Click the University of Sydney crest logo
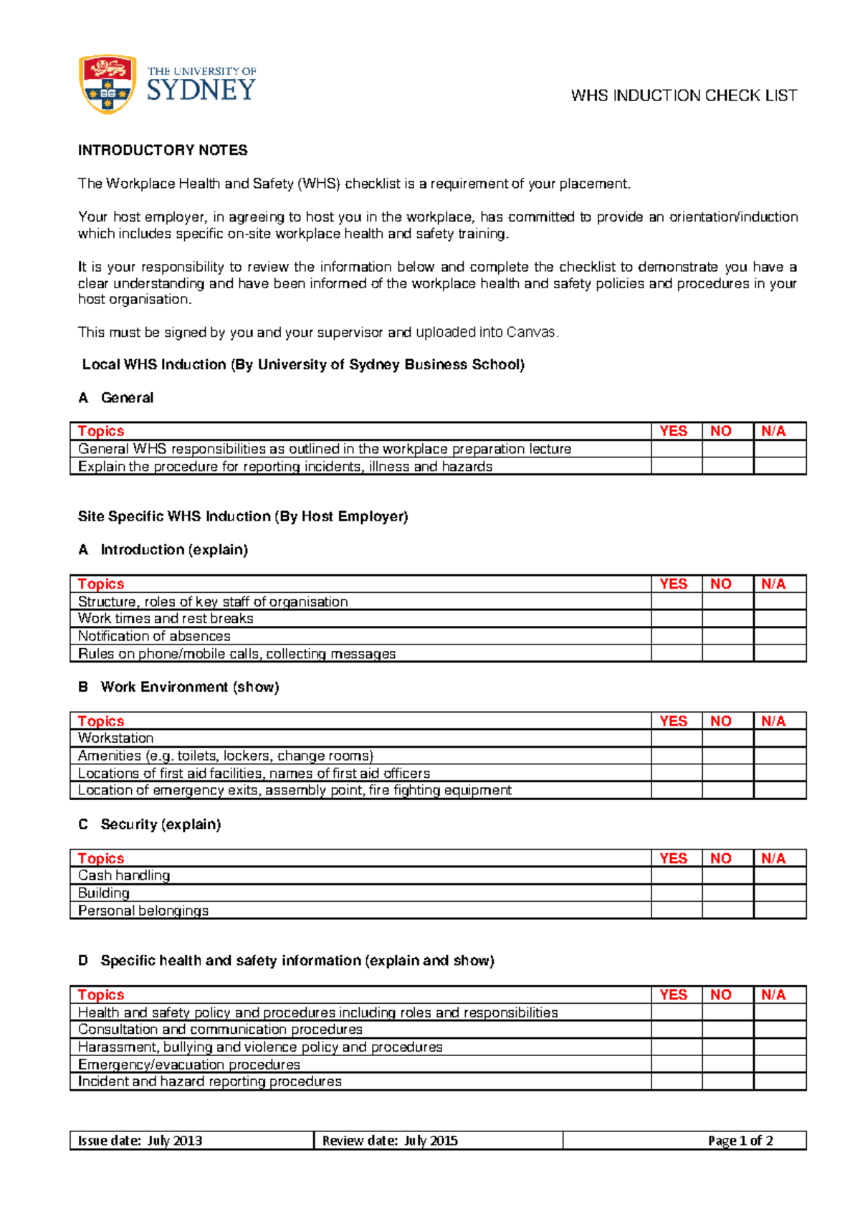107,84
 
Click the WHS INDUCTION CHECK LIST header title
684,95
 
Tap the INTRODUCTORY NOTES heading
163,150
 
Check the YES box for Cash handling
676,875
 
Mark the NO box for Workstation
727,738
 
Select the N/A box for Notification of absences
780,636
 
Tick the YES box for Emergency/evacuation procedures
676,1064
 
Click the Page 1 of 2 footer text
740,1140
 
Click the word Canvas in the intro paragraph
531,332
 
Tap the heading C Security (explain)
149,824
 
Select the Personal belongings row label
143,911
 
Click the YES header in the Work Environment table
674,721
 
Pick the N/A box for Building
780,893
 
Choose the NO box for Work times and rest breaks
727,618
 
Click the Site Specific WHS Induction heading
243,516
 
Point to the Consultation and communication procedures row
220,1029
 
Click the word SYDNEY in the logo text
201,90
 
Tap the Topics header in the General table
101,431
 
